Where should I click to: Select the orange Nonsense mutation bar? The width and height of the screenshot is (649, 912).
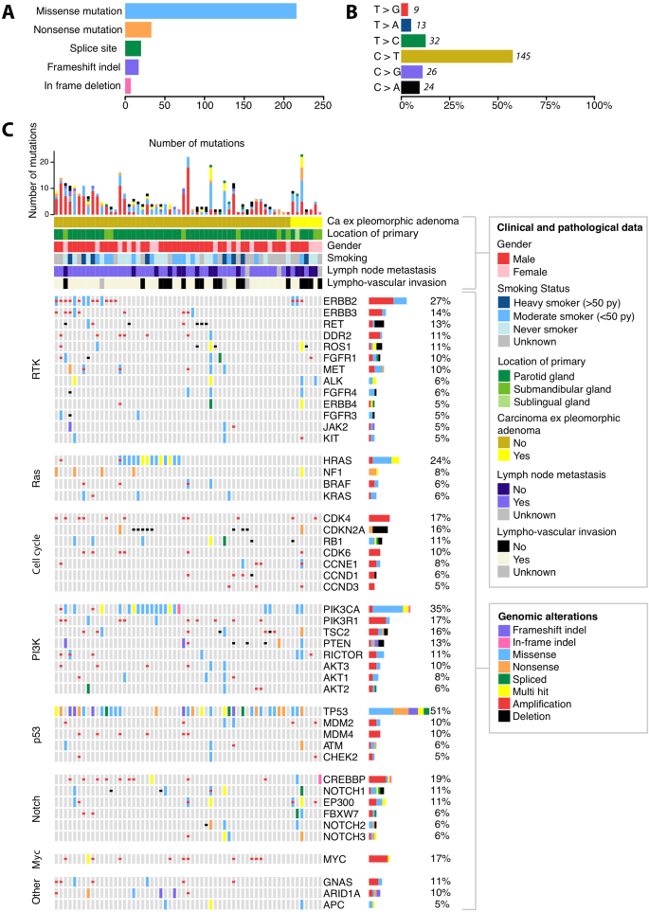coord(138,30)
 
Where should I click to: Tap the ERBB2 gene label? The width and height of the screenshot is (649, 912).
coord(338,300)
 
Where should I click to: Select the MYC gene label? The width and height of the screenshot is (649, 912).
coord(334,859)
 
